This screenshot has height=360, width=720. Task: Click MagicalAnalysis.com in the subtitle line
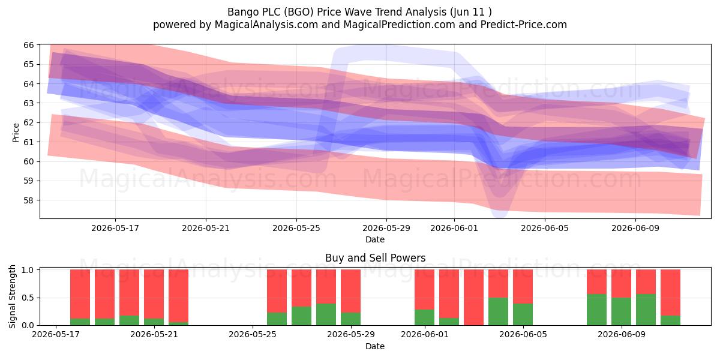point(266,25)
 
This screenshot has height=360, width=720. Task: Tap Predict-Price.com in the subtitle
point(524,25)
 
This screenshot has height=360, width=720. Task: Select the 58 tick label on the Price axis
point(29,200)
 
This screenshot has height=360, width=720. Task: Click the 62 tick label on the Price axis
point(29,122)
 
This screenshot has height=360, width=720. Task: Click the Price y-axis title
point(16,133)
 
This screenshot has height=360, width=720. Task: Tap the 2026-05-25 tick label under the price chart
point(296,228)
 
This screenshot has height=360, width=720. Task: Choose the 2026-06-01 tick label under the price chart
point(454,228)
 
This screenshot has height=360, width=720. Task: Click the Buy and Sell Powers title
point(375,258)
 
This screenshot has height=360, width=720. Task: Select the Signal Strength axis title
point(12,296)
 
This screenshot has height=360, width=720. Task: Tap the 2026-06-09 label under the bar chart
point(622,334)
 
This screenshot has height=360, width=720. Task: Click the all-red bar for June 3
point(474,298)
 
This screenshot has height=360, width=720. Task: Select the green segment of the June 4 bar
point(498,311)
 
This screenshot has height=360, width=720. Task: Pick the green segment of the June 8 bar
point(596,310)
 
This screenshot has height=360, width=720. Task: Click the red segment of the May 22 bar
point(178,296)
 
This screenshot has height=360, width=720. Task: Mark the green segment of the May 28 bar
point(326,314)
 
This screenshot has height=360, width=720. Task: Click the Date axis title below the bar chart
point(375,346)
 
